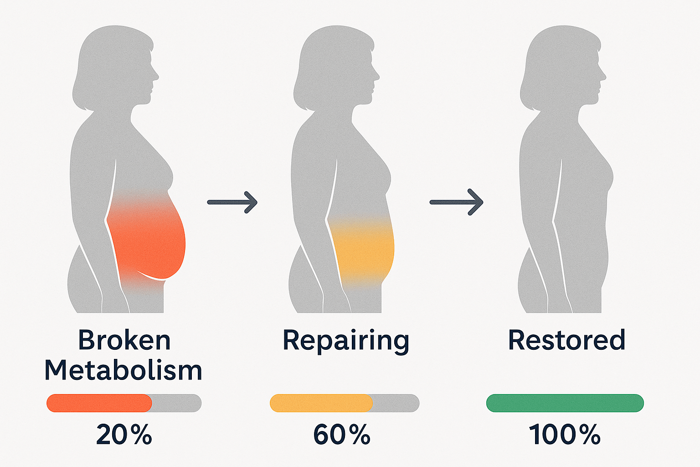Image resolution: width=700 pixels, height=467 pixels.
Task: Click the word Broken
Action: coord(124,340)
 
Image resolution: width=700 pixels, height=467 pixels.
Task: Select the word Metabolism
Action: coord(123,370)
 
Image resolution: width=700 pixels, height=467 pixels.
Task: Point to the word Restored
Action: coord(566,340)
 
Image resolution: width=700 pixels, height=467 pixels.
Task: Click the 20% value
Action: coord(124,435)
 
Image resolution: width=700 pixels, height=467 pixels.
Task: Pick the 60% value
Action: coord(342,435)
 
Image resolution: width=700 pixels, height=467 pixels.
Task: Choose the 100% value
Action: coord(565,435)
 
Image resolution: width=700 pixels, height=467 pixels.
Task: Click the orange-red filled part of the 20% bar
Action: coord(99,403)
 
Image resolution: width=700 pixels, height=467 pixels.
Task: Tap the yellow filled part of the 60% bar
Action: coord(321,403)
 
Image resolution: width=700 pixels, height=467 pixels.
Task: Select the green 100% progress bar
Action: coord(565,403)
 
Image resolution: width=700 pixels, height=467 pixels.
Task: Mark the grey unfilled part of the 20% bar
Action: coord(177,403)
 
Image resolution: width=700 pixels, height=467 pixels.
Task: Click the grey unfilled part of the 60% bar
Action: coord(396,403)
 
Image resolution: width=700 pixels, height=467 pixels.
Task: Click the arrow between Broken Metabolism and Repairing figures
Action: coord(232,202)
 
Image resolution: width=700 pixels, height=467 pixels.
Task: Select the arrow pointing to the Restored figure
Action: coord(456,202)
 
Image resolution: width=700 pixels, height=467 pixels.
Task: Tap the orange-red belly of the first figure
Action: coord(148,242)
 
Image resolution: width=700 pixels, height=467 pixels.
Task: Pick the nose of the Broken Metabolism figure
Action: coord(156,75)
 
